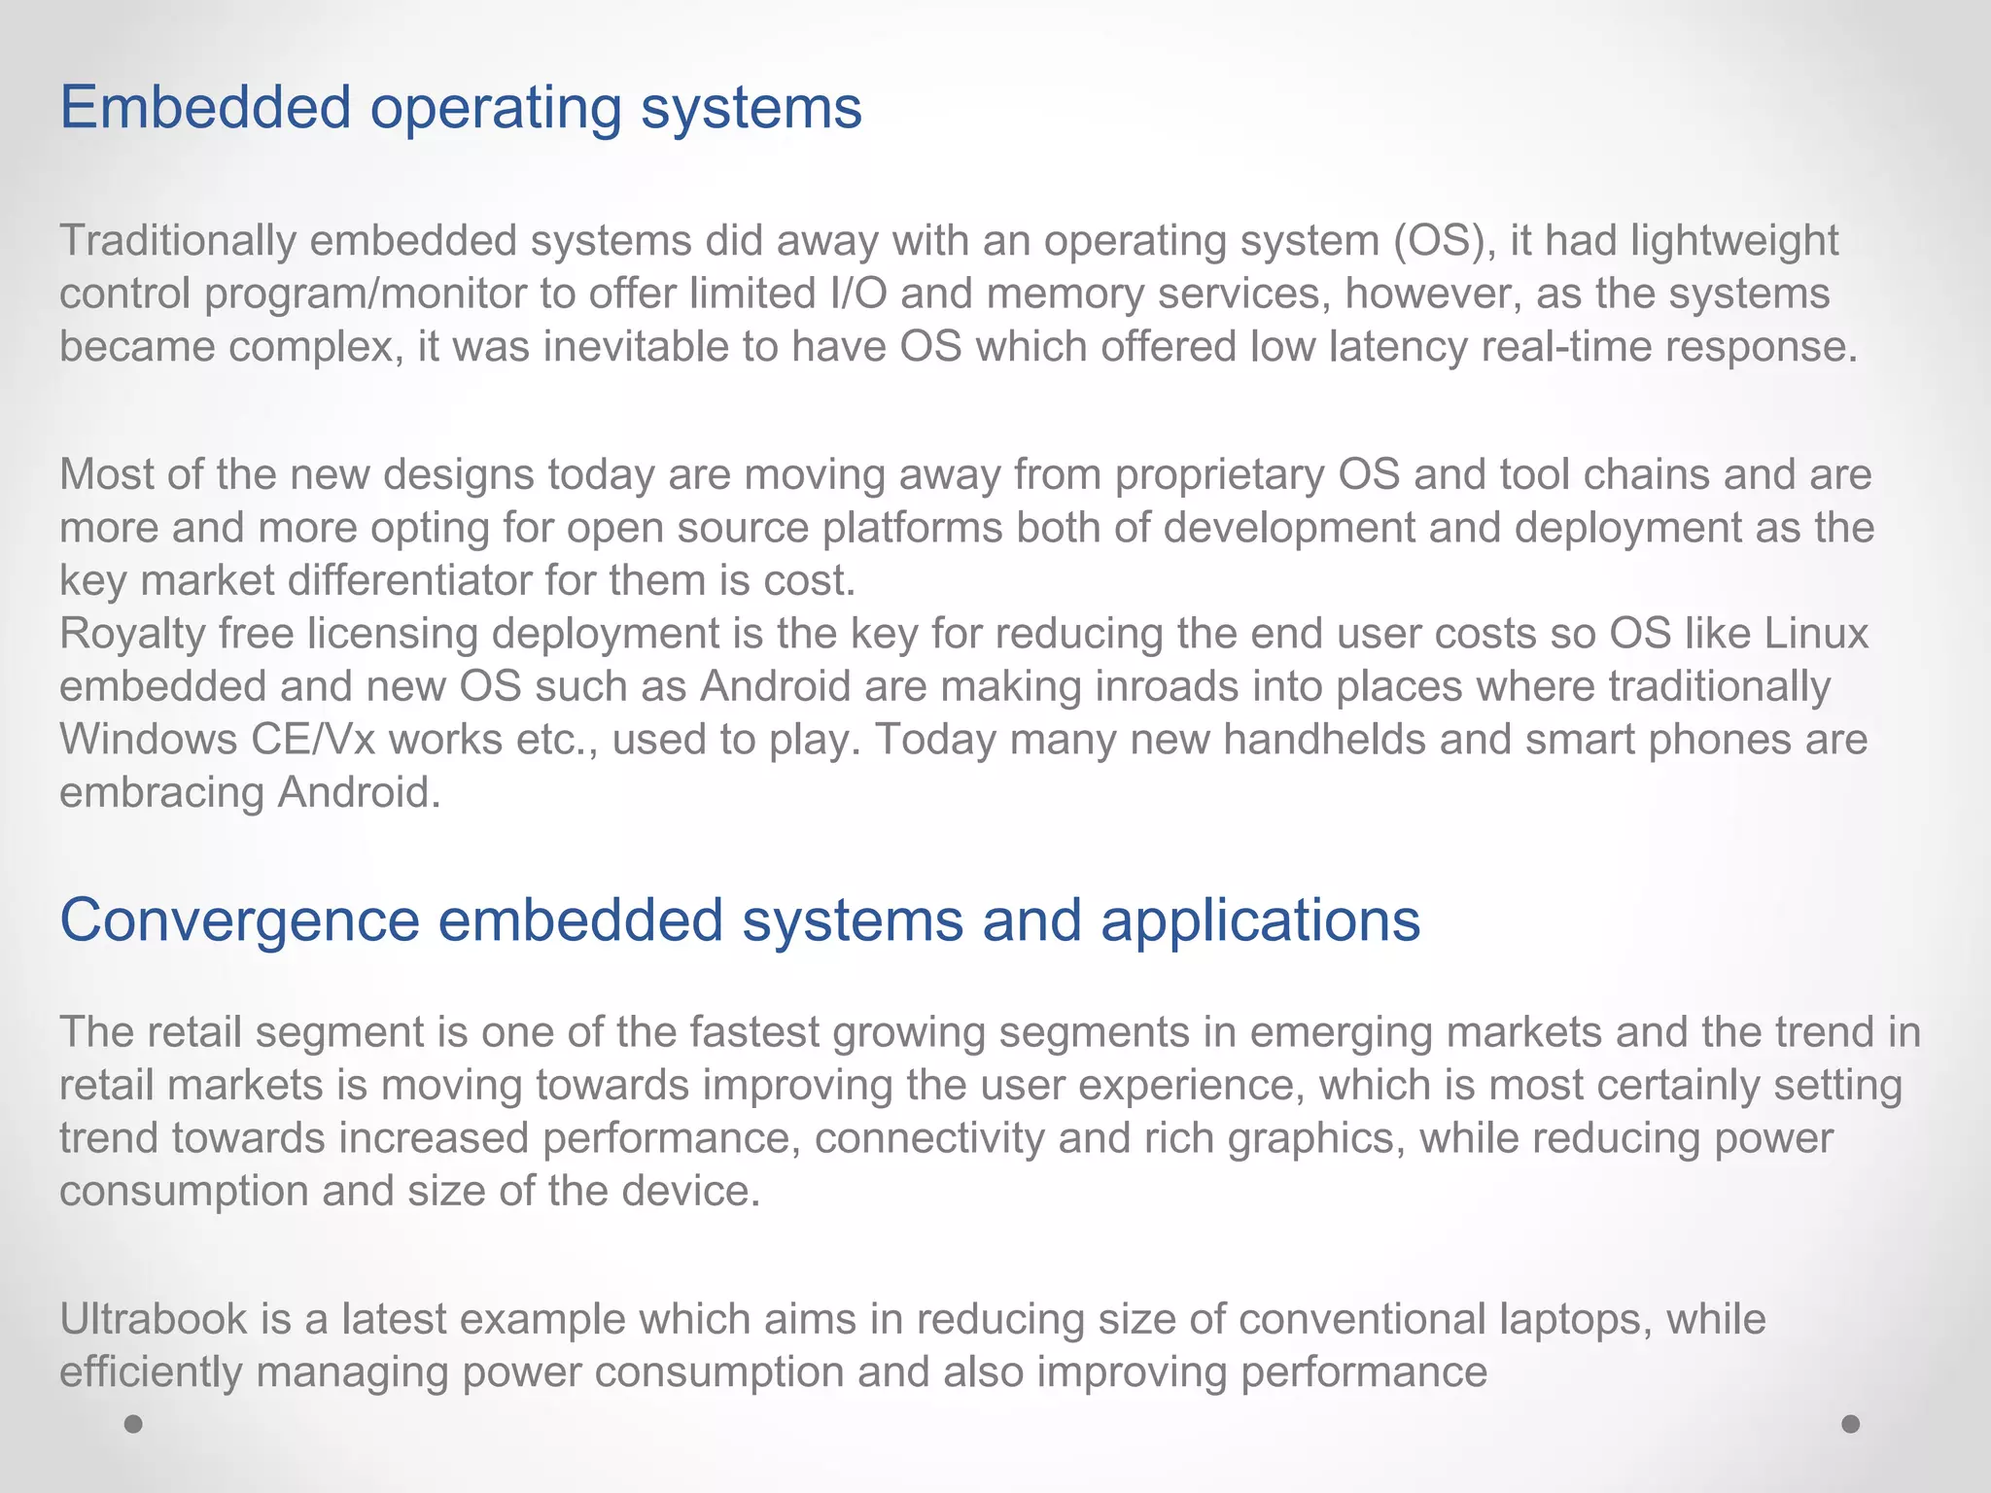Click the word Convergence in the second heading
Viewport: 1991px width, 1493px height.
tap(239, 920)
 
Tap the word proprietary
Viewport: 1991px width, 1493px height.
tap(1219, 475)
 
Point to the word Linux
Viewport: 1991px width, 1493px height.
tap(1817, 634)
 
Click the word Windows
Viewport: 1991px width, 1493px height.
tap(148, 740)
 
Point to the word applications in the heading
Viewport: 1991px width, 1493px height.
tap(1260, 920)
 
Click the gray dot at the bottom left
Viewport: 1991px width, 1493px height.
tap(134, 1424)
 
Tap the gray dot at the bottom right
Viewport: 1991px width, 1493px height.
tap(1851, 1424)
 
